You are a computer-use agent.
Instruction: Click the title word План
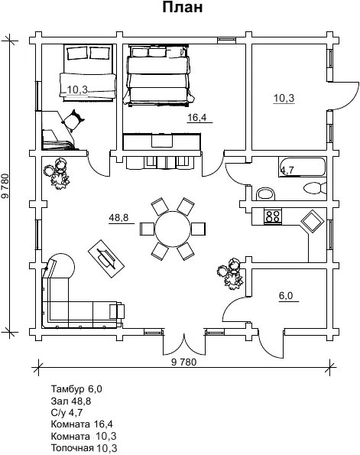182,8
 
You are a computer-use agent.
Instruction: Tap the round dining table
173,229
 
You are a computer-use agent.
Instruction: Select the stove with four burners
273,216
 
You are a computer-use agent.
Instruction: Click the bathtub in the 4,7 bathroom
303,167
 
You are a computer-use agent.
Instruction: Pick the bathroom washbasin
265,193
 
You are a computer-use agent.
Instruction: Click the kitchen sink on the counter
313,222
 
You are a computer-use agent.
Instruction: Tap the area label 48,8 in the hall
118,217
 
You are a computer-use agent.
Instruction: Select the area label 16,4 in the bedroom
197,118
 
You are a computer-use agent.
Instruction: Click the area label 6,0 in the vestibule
286,296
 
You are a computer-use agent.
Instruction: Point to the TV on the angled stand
106,258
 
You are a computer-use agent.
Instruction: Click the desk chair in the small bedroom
73,120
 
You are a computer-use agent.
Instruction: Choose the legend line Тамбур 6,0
76,388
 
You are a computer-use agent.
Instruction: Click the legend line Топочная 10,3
84,448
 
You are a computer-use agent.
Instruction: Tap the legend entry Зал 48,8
71,401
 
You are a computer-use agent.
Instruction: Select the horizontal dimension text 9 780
184,362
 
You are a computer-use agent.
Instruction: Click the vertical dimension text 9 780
5,186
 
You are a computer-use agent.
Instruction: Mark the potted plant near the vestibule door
230,274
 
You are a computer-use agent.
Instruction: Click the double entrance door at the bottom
184,344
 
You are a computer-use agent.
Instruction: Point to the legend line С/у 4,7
66,412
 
